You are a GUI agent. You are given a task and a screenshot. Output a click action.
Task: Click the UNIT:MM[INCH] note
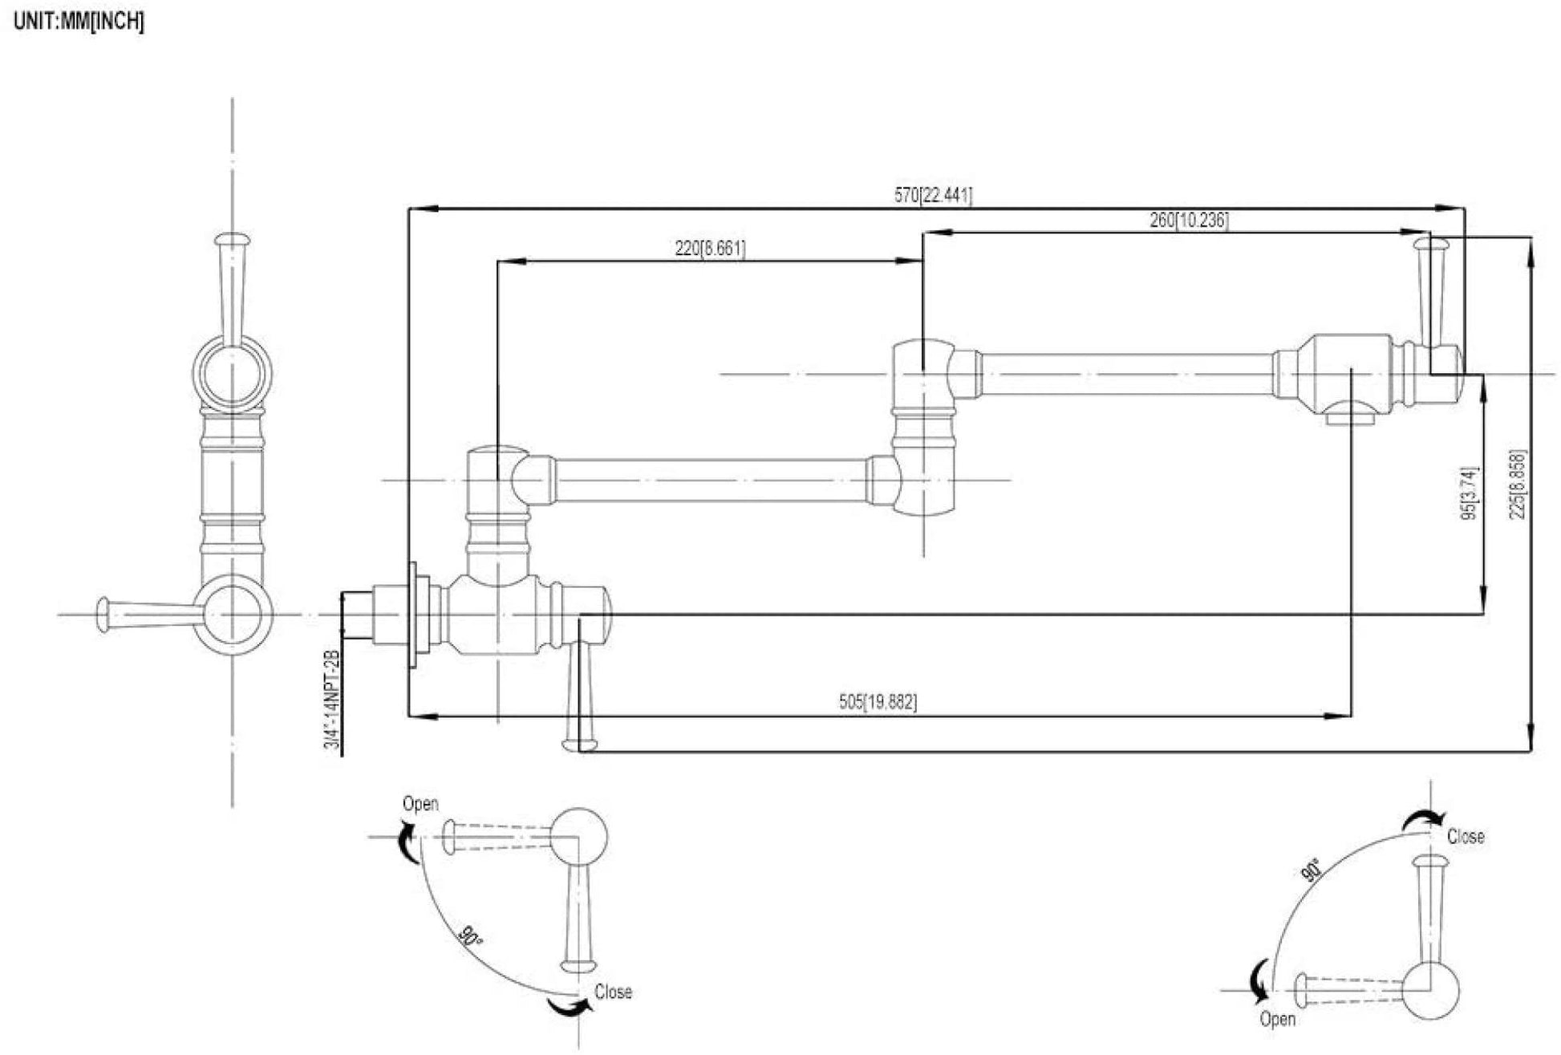pyautogui.click(x=79, y=22)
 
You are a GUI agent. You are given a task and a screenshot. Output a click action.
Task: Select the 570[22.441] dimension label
pyautogui.click(x=933, y=195)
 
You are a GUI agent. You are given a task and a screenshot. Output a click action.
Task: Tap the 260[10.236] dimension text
pyautogui.click(x=1189, y=220)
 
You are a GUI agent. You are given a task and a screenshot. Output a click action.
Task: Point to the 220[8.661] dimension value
pyautogui.click(x=710, y=249)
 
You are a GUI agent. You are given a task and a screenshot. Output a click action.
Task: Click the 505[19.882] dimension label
pyautogui.click(x=878, y=702)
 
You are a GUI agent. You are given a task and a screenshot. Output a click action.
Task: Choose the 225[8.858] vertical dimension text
pyautogui.click(x=1518, y=484)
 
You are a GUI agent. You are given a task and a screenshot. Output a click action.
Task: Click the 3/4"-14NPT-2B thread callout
pyautogui.click(x=332, y=700)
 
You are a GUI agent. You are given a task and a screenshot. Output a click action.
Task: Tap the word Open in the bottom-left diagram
pyautogui.click(x=420, y=804)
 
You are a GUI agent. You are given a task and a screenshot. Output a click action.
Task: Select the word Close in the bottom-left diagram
pyautogui.click(x=613, y=992)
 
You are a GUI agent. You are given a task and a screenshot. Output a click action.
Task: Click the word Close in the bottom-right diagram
pyautogui.click(x=1466, y=837)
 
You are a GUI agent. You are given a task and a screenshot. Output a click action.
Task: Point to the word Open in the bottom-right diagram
pyautogui.click(x=1277, y=1019)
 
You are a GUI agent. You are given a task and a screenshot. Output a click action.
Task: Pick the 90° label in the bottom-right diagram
pyautogui.click(x=1309, y=871)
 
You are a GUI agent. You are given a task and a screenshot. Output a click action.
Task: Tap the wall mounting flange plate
pyautogui.click(x=414, y=615)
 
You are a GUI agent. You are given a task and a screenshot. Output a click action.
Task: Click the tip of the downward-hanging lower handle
pyautogui.click(x=581, y=745)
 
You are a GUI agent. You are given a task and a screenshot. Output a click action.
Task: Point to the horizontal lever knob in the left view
pyautogui.click(x=103, y=615)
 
